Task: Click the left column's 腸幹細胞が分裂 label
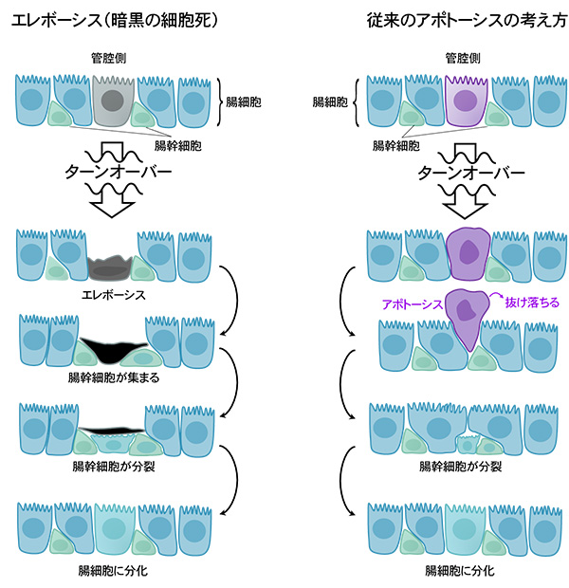point(113,466)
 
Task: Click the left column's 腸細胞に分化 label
point(113,572)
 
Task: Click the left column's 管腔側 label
point(113,59)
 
